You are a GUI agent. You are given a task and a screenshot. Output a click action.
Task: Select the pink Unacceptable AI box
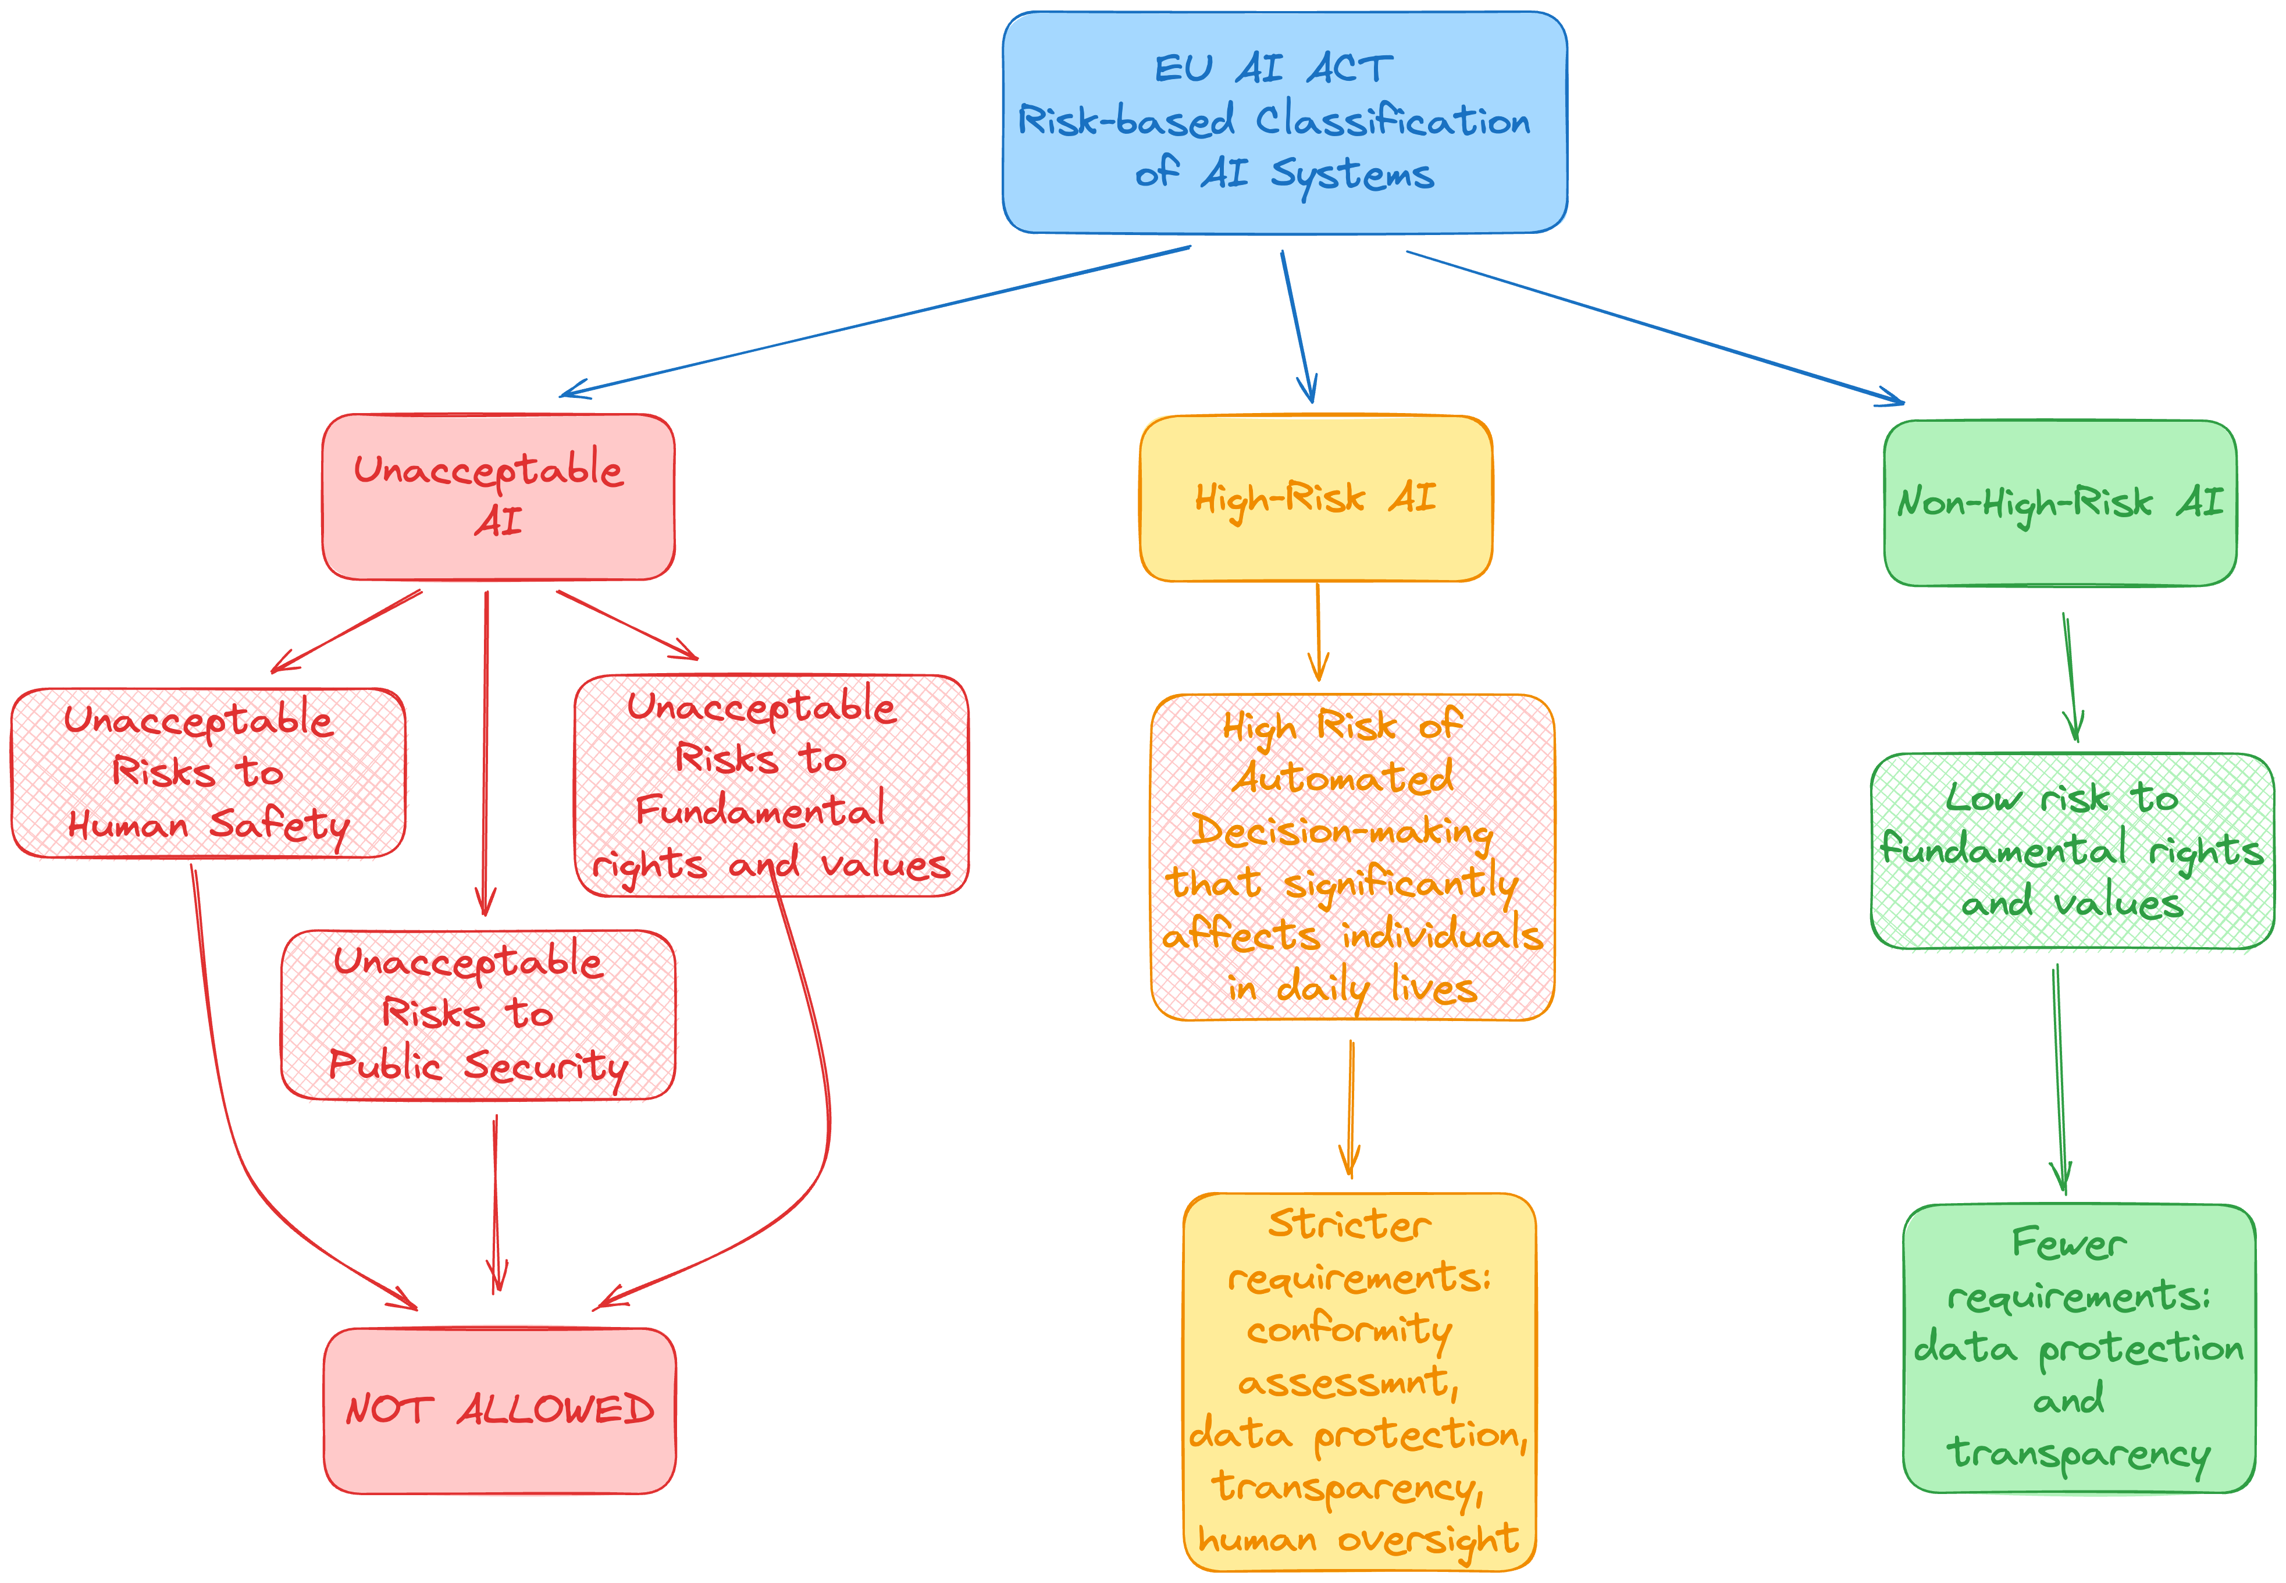coord(498,496)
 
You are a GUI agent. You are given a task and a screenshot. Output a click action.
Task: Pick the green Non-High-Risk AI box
coord(2059,503)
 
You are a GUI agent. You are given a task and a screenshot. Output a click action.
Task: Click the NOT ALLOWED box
coord(499,1410)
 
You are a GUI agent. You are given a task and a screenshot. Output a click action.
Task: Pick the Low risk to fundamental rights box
coord(2072,850)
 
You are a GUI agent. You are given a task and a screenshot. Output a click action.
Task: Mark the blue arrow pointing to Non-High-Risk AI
coord(1656,328)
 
